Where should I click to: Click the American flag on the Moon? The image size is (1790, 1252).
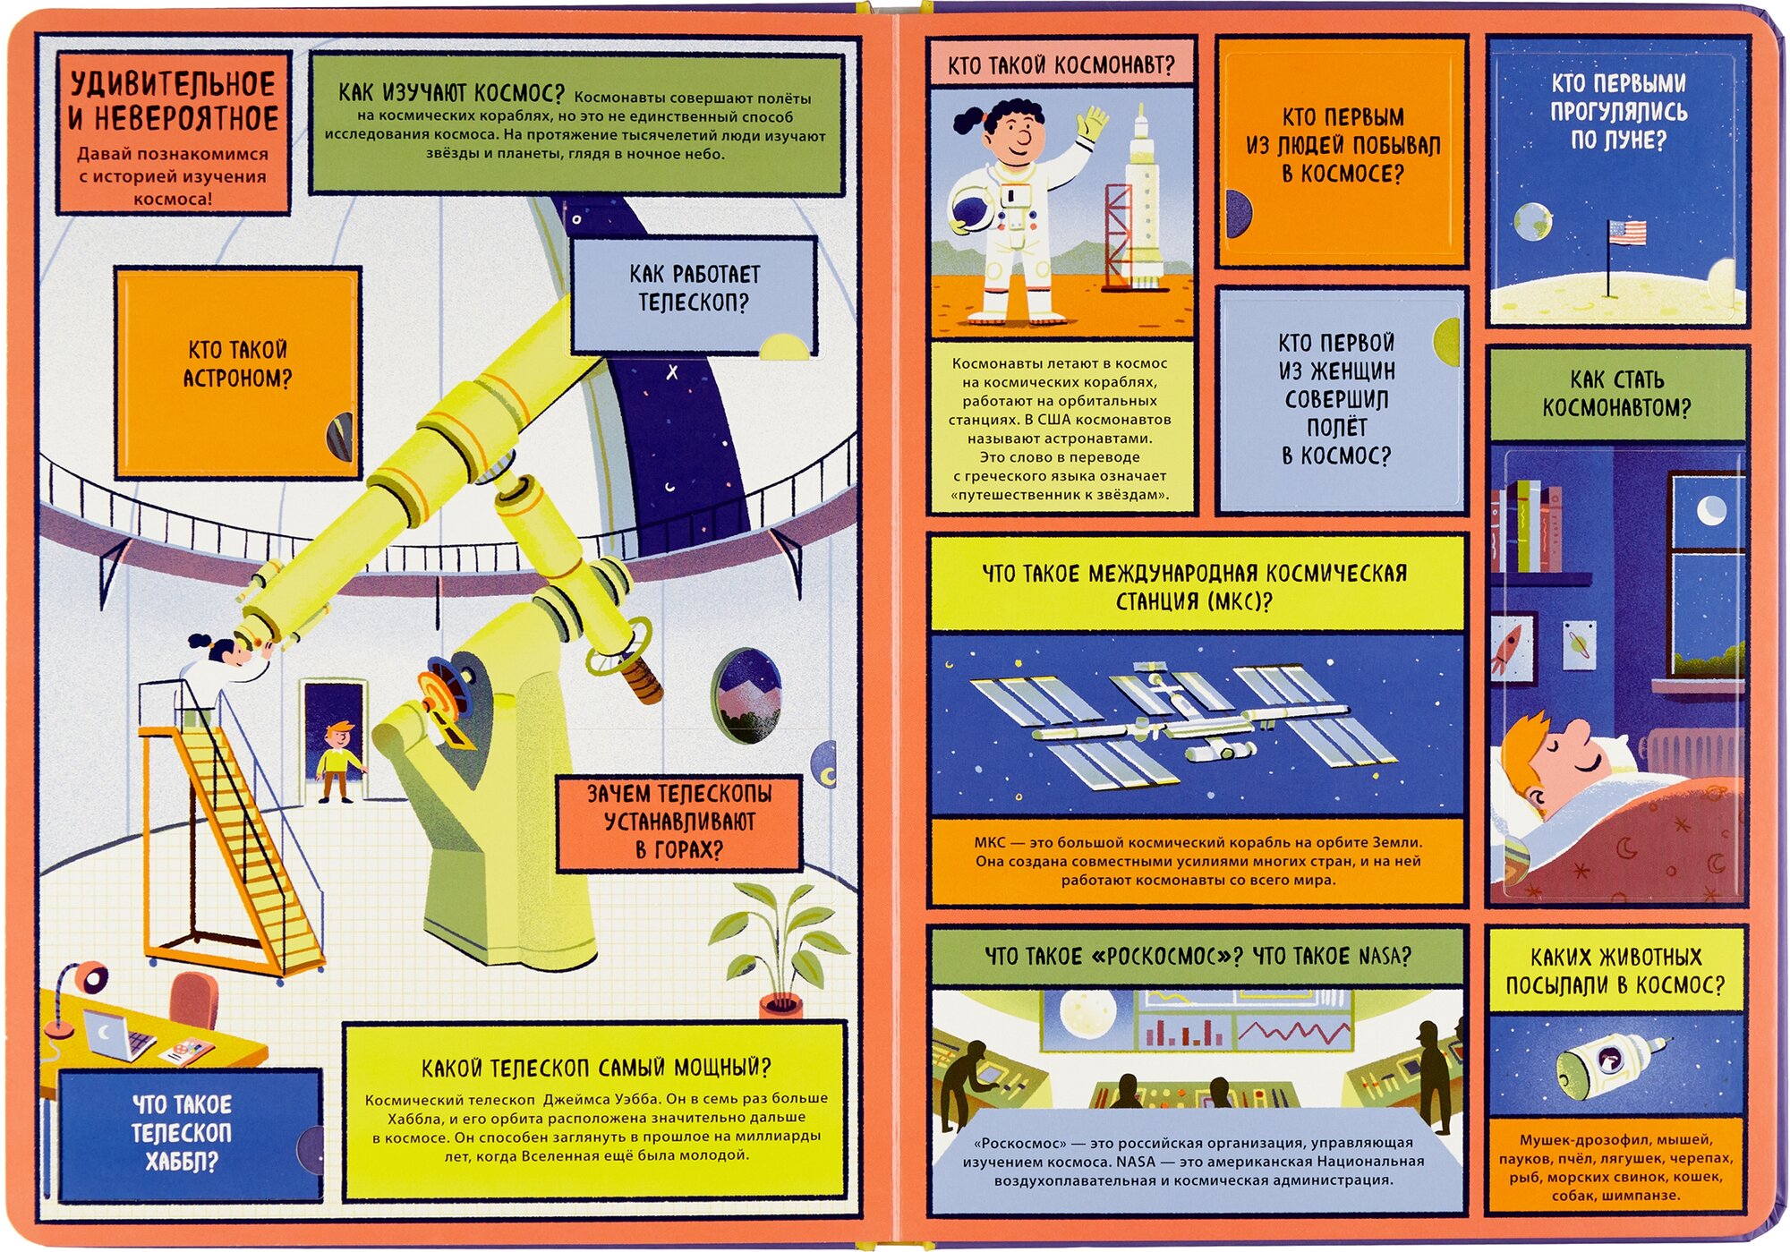click(x=1626, y=233)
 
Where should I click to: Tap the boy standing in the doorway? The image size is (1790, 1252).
click(x=337, y=762)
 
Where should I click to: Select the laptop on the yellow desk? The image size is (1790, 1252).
click(x=116, y=1034)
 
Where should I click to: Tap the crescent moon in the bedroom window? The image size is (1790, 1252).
click(x=1711, y=511)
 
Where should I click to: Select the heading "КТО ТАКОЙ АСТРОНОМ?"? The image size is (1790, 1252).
click(x=237, y=363)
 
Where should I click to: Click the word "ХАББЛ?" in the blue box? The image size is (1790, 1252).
click(x=182, y=1162)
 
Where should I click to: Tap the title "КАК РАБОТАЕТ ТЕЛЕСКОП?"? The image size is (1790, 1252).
click(x=694, y=287)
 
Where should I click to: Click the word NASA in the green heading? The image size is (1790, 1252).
click(x=1383, y=956)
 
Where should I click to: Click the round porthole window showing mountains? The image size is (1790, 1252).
click(x=746, y=694)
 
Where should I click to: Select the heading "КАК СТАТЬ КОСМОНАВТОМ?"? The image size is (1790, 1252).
click(x=1616, y=393)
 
